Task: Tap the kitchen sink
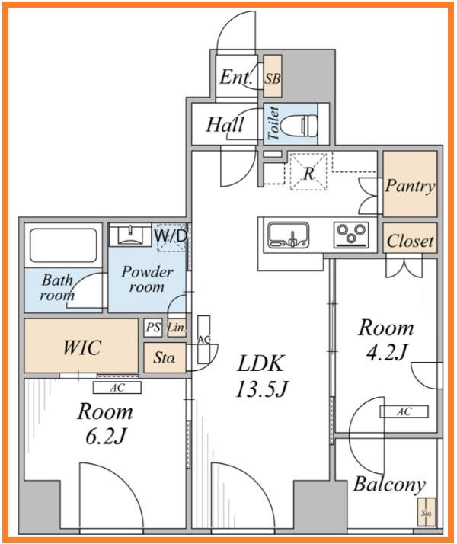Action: [x=289, y=235]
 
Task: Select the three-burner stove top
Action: [x=351, y=235]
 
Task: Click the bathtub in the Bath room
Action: [x=63, y=245]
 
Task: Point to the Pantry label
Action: [x=410, y=186]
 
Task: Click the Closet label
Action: [x=411, y=241]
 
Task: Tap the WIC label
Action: [x=81, y=347]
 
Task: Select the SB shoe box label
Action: [x=273, y=78]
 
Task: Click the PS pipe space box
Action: [x=153, y=328]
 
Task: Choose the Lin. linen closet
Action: [x=177, y=328]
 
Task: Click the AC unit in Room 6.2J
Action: [x=117, y=388]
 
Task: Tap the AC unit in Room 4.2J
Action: [x=404, y=411]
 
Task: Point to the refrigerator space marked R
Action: [x=308, y=171]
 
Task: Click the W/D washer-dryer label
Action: [x=171, y=236]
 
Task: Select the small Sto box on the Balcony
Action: [x=426, y=512]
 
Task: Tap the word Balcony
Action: [x=389, y=485]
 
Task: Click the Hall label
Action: [x=225, y=124]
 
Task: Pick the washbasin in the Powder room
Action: [x=130, y=235]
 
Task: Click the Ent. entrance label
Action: [x=236, y=77]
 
